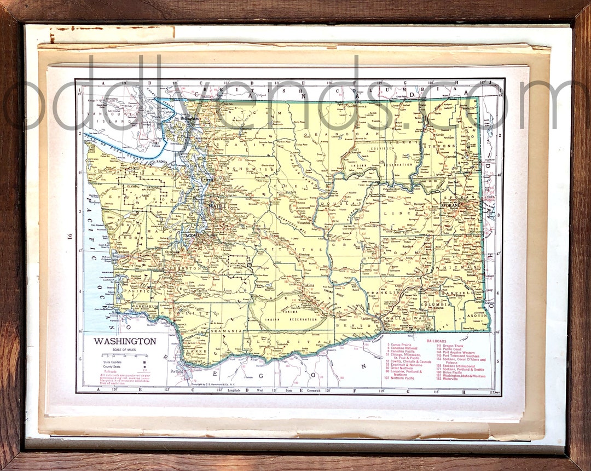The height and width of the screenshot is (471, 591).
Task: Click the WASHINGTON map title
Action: [x=125, y=341]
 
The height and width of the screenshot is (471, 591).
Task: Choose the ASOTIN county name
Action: [x=476, y=316]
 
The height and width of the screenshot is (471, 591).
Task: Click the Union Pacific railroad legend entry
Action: [x=449, y=372]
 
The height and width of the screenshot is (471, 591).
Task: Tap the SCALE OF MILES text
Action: [x=124, y=350]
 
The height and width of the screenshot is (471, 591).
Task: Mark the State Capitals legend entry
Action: [x=114, y=362]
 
